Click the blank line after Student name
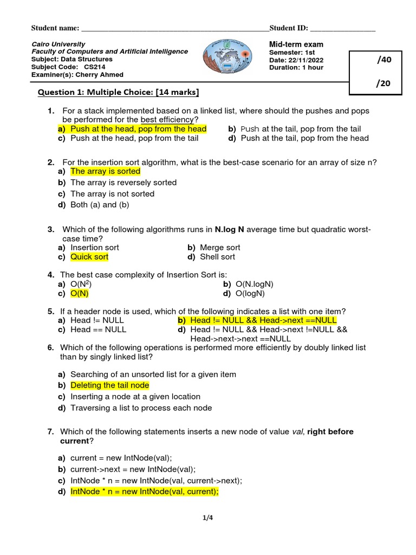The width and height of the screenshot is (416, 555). point(174,28)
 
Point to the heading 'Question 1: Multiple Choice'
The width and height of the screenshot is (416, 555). point(118,92)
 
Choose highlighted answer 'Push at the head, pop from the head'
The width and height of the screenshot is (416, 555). point(138,129)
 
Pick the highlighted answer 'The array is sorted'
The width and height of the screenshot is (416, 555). point(105,171)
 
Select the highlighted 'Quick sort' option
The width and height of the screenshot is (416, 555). point(89,257)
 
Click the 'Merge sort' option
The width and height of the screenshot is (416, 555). point(220,247)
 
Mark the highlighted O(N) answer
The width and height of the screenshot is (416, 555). point(80,293)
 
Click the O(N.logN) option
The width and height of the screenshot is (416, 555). point(255,284)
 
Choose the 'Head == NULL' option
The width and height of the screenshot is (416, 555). point(98,329)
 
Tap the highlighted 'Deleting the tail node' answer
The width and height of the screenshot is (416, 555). point(109,385)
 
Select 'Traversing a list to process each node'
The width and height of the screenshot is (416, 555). point(141,408)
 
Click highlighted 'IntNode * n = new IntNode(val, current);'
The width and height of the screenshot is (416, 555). point(144,492)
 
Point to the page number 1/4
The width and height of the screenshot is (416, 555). point(208,518)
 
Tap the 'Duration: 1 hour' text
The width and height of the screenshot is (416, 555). point(296,68)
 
